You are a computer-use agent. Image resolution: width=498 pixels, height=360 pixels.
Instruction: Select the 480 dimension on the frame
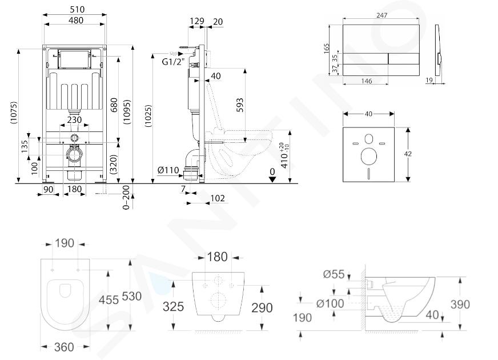tap(76, 20)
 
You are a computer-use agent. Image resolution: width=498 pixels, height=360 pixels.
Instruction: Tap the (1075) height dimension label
tap(13, 113)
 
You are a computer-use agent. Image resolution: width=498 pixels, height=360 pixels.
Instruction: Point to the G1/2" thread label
tap(174, 62)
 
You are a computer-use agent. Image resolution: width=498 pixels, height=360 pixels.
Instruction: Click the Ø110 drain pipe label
tap(168, 170)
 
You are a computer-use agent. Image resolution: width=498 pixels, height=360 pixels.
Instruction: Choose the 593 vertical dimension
tap(240, 105)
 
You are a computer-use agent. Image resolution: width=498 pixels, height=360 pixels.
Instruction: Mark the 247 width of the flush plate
tap(381, 15)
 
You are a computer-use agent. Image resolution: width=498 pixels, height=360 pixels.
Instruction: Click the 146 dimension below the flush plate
tap(366, 81)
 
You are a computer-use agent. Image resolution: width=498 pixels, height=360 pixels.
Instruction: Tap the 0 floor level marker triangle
tap(272, 179)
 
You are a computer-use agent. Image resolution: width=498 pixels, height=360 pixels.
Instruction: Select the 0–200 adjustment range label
tap(126, 197)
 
